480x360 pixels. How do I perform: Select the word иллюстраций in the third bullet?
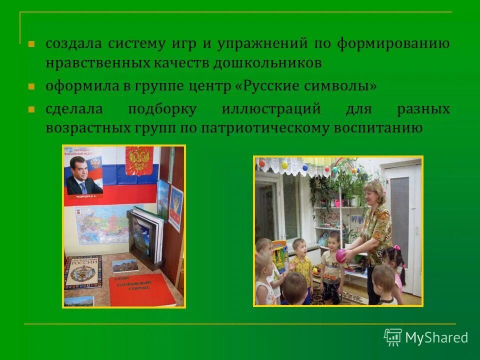click(270, 109)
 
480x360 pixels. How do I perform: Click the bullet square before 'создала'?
click(31, 43)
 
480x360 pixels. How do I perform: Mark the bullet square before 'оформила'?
click(31, 86)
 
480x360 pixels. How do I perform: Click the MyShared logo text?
click(436, 337)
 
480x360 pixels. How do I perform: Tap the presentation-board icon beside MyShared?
click(392, 337)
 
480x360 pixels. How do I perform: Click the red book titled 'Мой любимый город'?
click(141, 289)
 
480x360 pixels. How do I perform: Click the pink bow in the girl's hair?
click(396, 247)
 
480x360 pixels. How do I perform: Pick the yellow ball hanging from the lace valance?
click(284, 165)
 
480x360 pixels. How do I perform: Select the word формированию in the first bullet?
click(392, 43)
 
